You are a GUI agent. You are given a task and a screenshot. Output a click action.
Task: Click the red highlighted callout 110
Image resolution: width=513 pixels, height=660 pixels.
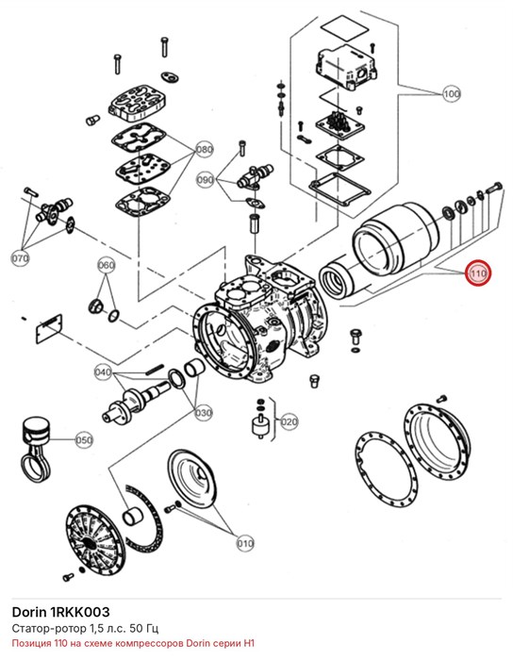point(478,273)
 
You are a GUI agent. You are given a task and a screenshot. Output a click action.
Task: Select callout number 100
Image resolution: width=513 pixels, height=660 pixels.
point(451,93)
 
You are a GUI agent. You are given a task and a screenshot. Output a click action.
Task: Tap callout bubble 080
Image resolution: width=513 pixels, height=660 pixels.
point(205,150)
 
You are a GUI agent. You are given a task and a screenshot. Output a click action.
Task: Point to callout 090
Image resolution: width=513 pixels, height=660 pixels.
point(206,180)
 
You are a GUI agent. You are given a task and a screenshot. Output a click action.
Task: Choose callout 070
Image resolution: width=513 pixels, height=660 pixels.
point(20,257)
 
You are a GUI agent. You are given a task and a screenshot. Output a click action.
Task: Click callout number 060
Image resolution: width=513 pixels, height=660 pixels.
point(106,265)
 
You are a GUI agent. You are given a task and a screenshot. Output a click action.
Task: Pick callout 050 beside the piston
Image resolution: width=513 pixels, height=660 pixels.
point(84,440)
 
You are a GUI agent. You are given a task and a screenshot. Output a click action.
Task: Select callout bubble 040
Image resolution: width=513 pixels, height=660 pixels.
point(103,372)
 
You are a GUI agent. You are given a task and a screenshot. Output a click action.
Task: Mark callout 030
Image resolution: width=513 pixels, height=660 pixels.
point(204,413)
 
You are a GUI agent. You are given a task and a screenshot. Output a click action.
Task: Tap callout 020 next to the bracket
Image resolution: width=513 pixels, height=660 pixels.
point(290,421)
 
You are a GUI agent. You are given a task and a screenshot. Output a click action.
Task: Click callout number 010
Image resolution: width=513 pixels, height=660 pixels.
point(245,543)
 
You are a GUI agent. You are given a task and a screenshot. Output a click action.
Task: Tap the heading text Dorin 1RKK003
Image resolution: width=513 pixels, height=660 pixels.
point(60,612)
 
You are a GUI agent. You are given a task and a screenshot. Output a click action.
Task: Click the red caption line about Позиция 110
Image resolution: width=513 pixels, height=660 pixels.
point(133,644)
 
